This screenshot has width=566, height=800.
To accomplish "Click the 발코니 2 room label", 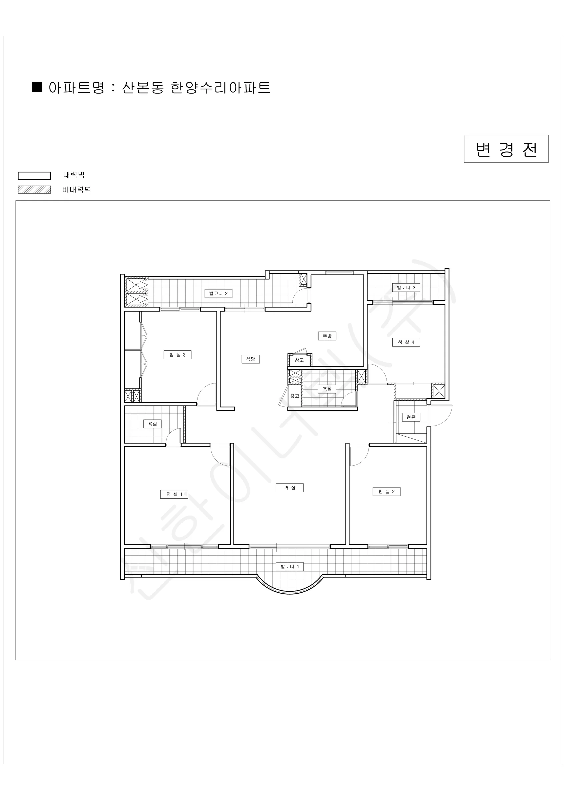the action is [218, 293].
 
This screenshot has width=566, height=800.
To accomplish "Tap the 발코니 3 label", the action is [406, 287].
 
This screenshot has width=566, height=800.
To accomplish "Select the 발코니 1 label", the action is [290, 567].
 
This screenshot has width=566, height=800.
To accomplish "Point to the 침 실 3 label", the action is [177, 355].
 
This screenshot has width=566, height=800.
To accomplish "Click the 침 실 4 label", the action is [406, 342].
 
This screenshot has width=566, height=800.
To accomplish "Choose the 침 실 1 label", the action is [174, 494].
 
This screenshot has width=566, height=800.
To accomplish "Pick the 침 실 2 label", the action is [387, 491].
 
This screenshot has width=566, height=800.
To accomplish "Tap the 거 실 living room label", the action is [290, 487].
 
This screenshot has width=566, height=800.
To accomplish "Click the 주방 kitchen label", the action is [327, 336].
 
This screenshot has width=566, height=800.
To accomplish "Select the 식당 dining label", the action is [251, 359].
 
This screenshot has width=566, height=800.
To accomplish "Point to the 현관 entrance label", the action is [411, 417].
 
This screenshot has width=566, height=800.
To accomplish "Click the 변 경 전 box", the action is [506, 149].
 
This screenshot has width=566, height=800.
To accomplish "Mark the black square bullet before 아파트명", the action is [37, 87].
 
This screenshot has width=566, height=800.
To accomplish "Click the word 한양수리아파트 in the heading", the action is [221, 87].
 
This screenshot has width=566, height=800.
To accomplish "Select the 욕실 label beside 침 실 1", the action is [152, 424].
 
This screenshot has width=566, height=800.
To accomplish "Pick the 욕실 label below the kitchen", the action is [327, 389].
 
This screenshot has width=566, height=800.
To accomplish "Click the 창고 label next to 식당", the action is [299, 360].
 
